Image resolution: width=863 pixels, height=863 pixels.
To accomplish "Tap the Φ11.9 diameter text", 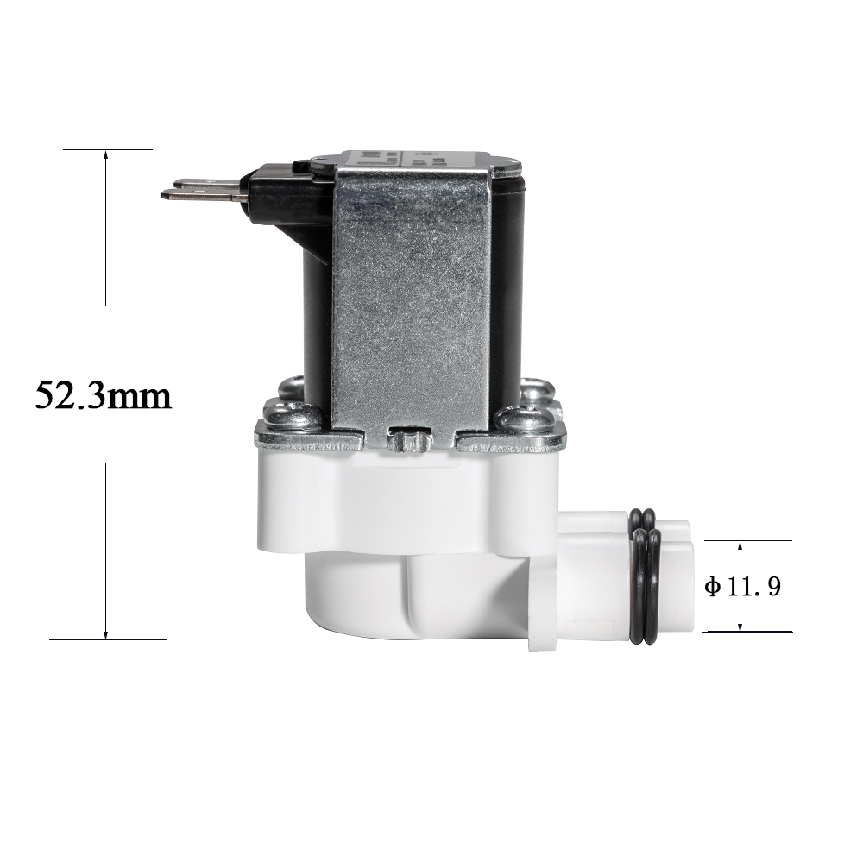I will click(742, 588).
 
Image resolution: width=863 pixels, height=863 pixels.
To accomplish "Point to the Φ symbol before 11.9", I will click(712, 588).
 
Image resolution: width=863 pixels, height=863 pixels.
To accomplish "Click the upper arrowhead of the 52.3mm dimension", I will click(106, 155).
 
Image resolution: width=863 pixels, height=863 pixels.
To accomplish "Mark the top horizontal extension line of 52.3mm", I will click(108, 149).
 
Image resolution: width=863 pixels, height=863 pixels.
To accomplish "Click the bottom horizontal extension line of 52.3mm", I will click(108, 639).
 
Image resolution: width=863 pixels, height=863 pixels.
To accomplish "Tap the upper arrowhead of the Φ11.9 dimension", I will click(740, 546).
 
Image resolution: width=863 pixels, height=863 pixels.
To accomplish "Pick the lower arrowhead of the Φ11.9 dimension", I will click(740, 626).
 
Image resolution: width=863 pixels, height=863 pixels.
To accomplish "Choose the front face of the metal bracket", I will click(412, 293).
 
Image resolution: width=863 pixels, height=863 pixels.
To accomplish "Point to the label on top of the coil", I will click(414, 159).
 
